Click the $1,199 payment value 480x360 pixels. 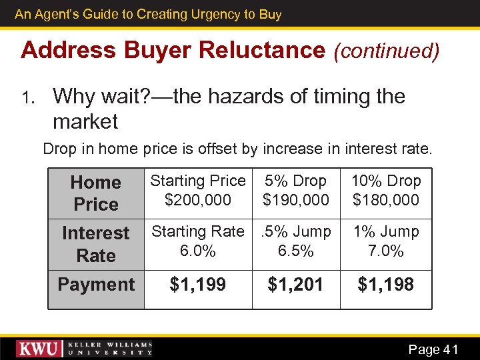pos(197,285)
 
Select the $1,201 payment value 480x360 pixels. pos(295,285)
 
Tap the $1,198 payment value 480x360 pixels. pos(385,285)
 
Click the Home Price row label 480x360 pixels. pos(96,193)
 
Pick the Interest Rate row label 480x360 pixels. pos(96,244)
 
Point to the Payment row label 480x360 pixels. pos(96,285)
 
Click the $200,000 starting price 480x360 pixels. pos(197,199)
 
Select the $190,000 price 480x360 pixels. pos(295,199)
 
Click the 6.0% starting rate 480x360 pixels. pos(197,251)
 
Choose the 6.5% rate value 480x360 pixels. pos(295,251)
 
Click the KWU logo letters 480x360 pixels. pos(39,349)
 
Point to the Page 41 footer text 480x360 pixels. pos(433,349)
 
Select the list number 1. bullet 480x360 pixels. pos(27,98)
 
